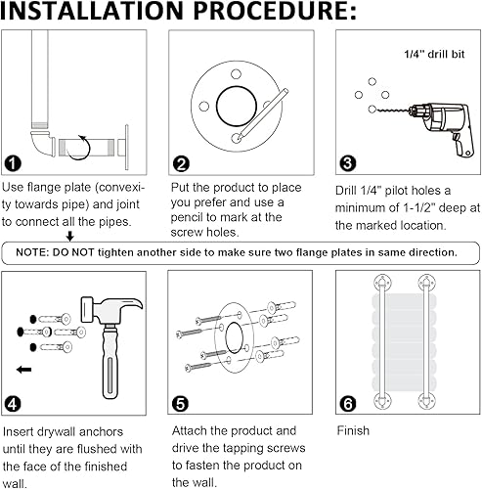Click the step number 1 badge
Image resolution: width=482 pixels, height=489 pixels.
pyautogui.click(x=13, y=163)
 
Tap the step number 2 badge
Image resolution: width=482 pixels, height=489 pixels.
pyautogui.click(x=181, y=164)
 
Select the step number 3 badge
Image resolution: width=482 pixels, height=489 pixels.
pyautogui.click(x=348, y=163)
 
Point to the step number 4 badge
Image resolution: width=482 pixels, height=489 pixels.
pyautogui.click(x=13, y=404)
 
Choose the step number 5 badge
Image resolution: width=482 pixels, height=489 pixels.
pyautogui.click(x=180, y=404)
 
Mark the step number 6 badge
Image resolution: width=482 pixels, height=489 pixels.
pyautogui.click(x=348, y=404)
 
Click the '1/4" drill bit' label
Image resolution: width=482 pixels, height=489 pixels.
pyautogui.click(x=434, y=54)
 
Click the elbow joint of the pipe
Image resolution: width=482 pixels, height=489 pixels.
pyautogui.click(x=42, y=143)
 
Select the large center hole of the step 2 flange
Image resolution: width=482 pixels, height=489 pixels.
pyautogui.click(x=237, y=107)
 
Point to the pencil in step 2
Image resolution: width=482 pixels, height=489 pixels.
pyautogui.click(x=263, y=114)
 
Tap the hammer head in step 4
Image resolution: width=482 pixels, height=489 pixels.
pyautogui.click(x=111, y=310)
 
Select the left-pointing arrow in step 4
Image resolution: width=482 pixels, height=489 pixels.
pyautogui.click(x=23, y=370)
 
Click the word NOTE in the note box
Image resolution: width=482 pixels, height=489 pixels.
pyautogui.click(x=31, y=252)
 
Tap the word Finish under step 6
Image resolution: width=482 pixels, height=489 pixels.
pyautogui.click(x=353, y=430)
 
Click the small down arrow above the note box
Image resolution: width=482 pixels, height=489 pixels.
pyautogui.click(x=69, y=236)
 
